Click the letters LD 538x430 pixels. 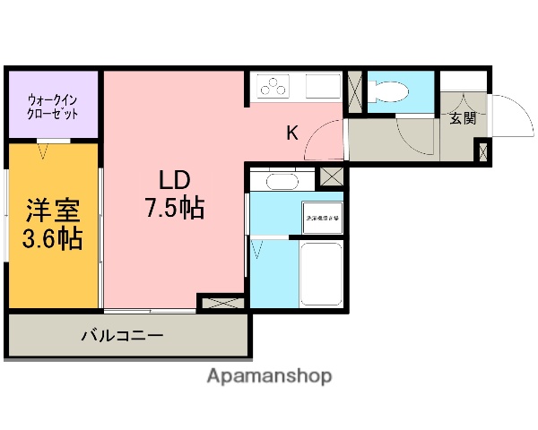click(176, 177)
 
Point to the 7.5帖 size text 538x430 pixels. click(176, 209)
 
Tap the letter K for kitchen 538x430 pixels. click(292, 134)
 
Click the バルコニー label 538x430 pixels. click(123, 336)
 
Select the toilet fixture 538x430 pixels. click(389, 90)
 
